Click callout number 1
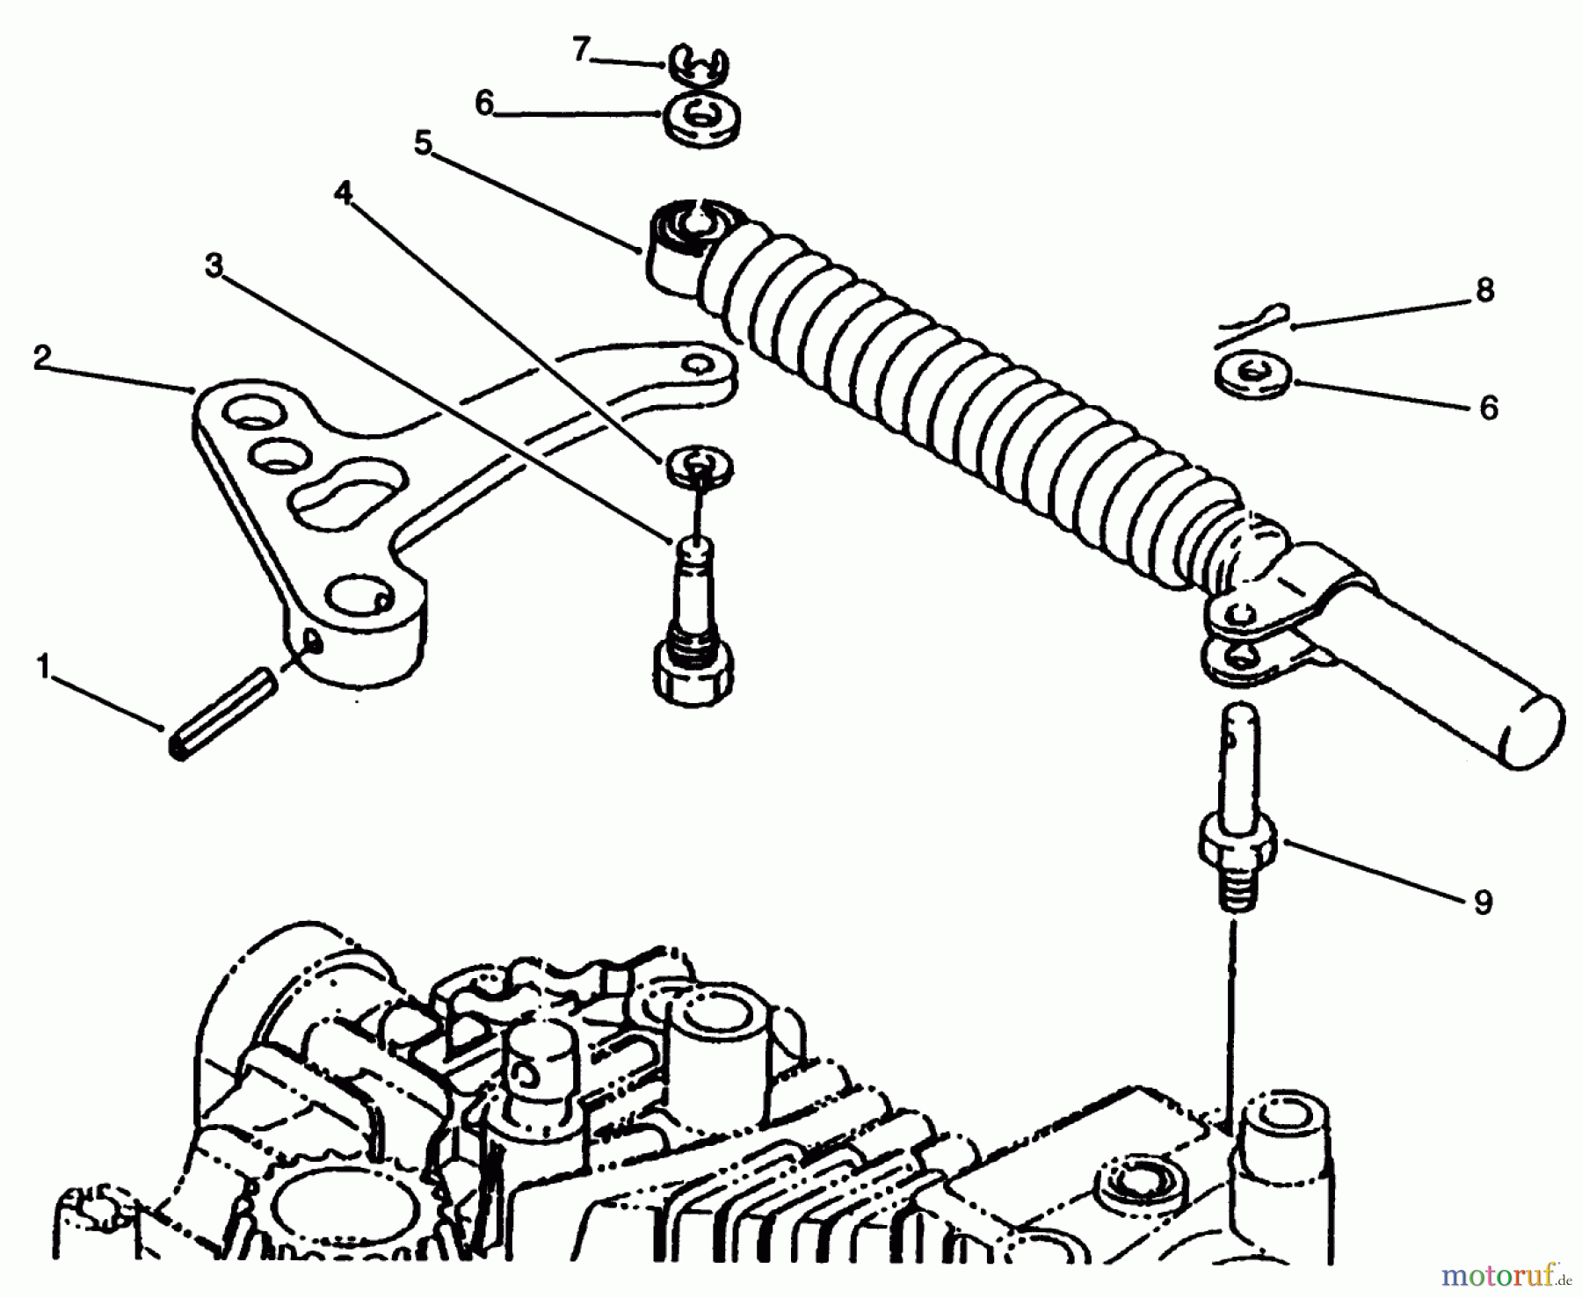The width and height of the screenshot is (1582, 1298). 43,670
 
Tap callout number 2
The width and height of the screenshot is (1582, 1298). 41,357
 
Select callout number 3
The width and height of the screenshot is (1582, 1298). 214,265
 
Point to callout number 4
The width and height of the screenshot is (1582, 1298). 344,192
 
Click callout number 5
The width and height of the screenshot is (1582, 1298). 424,143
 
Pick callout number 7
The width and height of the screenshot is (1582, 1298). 579,52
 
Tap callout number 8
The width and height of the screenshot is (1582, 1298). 1485,291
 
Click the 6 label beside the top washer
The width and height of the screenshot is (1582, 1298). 484,104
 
